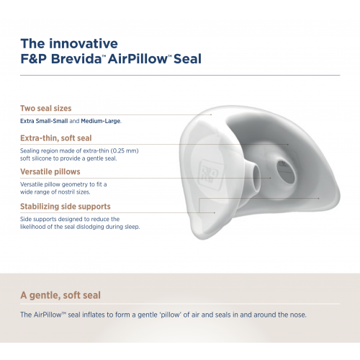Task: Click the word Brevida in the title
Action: point(76,59)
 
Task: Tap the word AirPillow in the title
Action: point(138,59)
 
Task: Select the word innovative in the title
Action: point(84,43)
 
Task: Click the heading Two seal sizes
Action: point(46,108)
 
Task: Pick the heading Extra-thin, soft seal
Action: point(56,138)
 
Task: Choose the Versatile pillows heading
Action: point(50,171)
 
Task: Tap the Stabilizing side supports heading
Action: point(66,207)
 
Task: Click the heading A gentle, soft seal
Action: point(60,295)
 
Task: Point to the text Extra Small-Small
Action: point(44,121)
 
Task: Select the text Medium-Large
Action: point(101,121)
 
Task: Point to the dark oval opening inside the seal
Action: point(286,172)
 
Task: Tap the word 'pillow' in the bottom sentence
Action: point(170,315)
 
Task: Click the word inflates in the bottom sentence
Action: point(94,315)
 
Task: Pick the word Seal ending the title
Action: point(187,59)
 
